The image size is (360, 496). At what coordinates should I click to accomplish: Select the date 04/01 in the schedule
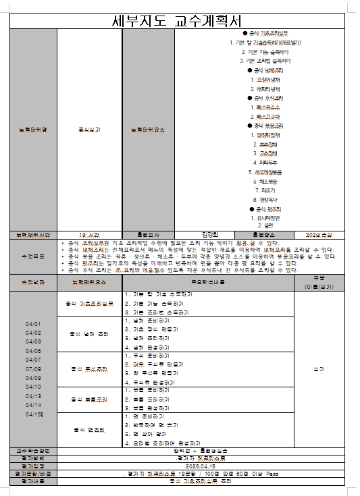[x=33, y=324]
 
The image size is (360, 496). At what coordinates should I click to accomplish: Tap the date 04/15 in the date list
[x=33, y=414]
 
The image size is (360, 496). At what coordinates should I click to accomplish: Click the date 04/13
[x=33, y=396]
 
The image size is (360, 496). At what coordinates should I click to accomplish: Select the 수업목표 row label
[x=33, y=256]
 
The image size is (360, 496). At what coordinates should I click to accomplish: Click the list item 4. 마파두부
[x=259, y=163]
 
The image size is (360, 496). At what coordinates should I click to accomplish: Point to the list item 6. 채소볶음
[x=259, y=182]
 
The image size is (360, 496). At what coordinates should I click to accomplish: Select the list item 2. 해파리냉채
[x=259, y=88]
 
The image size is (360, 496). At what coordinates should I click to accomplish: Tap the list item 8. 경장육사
[x=259, y=200]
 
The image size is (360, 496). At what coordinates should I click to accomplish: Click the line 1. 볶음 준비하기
[x=151, y=390]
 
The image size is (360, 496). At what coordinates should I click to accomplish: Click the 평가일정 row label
[x=33, y=466]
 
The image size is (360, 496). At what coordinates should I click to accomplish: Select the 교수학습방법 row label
[x=33, y=449]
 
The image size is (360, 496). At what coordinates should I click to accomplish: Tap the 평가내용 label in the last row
[x=33, y=481]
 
